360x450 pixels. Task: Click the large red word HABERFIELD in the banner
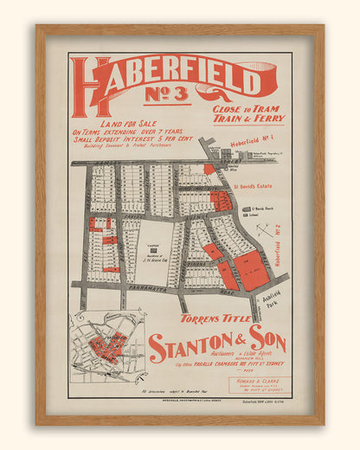173,80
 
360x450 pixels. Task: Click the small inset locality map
107,348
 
